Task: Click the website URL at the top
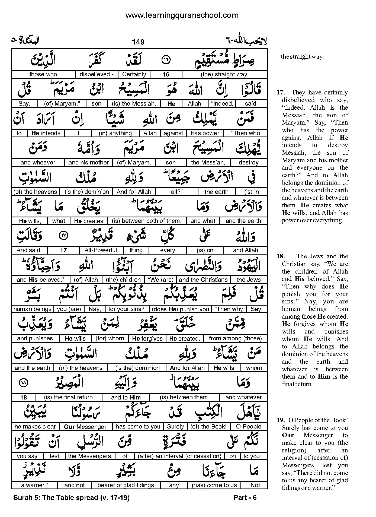click(x=182, y=15)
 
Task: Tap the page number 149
click(x=138, y=42)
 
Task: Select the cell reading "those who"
click(x=43, y=74)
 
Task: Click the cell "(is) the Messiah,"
click(x=134, y=104)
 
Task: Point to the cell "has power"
click(x=205, y=133)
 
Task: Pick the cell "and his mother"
click(x=89, y=162)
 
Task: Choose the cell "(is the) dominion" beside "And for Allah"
click(x=87, y=192)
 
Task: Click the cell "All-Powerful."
click(x=101, y=250)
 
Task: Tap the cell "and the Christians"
click(x=203, y=280)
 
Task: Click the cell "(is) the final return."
click(x=69, y=397)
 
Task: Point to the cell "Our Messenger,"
click(x=86, y=427)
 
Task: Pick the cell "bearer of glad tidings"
click(x=126, y=485)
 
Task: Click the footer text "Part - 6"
click(x=245, y=497)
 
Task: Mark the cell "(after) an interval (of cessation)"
click(x=179, y=456)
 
